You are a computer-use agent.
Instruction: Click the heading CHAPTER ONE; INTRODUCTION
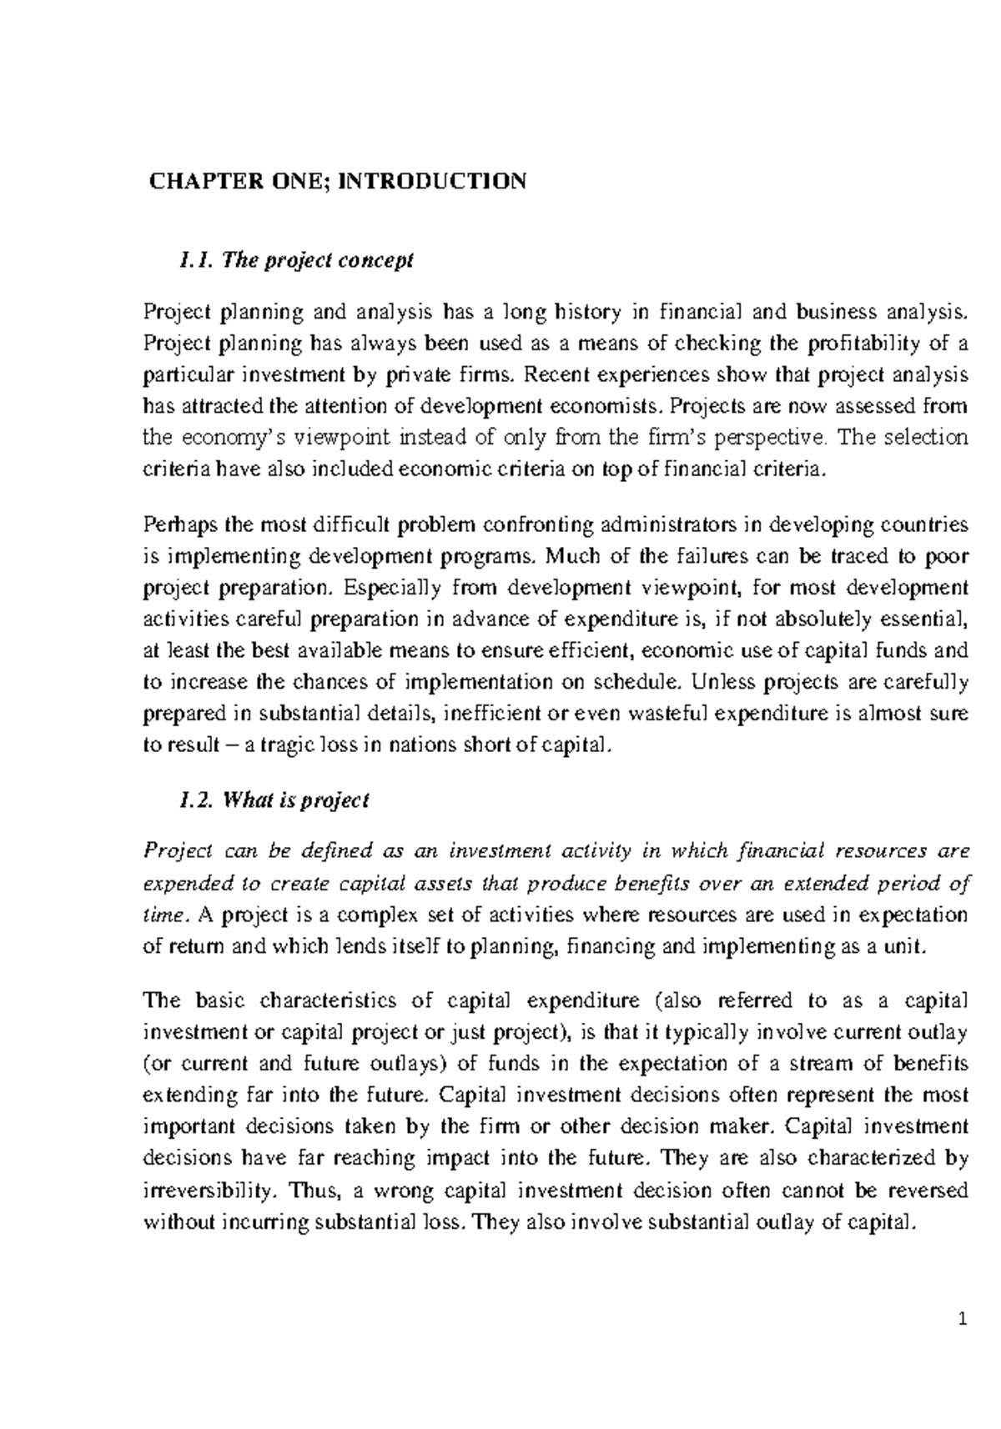pyautogui.click(x=337, y=181)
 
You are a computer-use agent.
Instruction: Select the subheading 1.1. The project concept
pyautogui.click(x=296, y=260)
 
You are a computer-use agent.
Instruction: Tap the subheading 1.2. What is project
pyautogui.click(x=274, y=800)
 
